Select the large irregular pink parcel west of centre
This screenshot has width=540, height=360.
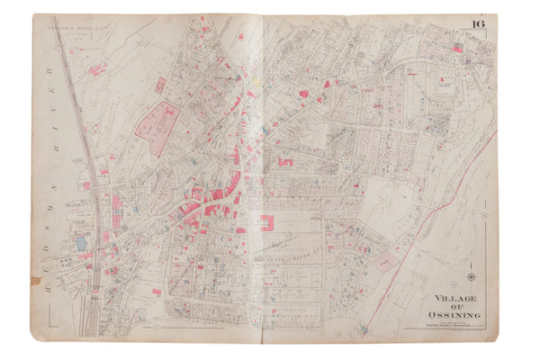coord(157,126)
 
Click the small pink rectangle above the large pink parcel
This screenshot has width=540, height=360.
coord(160,85)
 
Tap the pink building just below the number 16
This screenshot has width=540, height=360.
coord(458,49)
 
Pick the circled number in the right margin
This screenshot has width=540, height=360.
coord(483,216)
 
